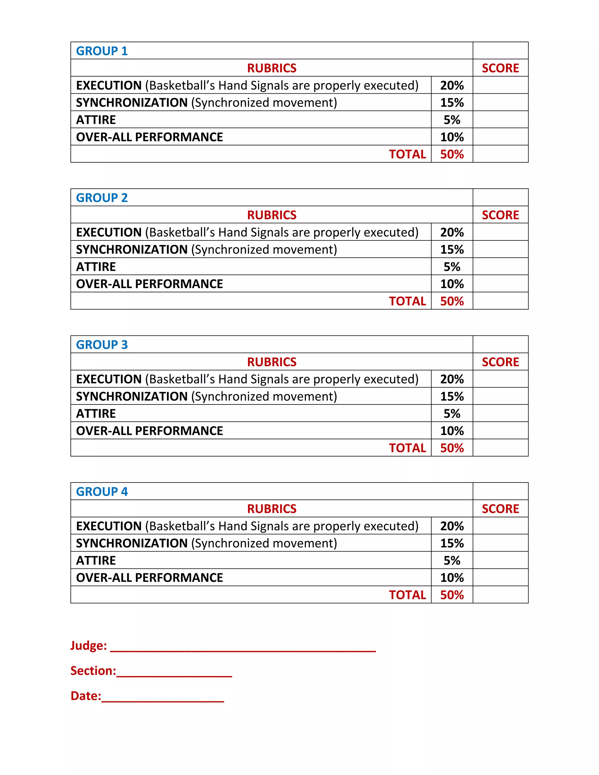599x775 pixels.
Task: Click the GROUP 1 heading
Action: [x=101, y=51]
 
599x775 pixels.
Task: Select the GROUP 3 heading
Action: [x=101, y=345]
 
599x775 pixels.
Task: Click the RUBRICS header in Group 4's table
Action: [x=271, y=509]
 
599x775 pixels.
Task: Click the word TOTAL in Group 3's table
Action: [x=407, y=448]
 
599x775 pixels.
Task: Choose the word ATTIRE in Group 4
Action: [x=96, y=561]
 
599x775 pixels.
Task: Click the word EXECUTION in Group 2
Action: [x=109, y=232]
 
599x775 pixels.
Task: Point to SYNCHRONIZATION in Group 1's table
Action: [x=132, y=103]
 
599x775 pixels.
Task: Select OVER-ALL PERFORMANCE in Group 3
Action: [x=149, y=431]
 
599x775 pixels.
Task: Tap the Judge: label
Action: [x=88, y=645]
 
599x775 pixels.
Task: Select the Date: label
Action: [x=85, y=696]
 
